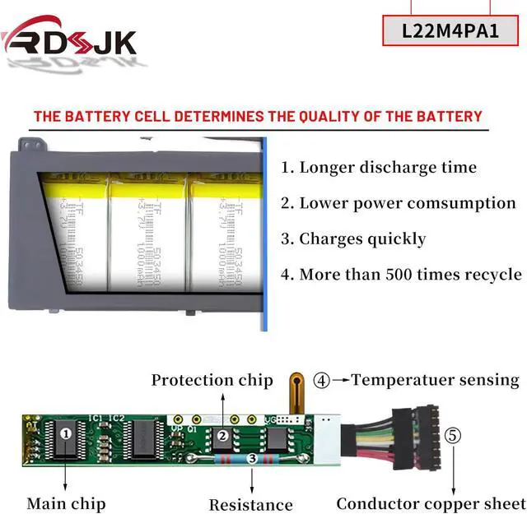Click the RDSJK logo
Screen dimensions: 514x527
point(70,38)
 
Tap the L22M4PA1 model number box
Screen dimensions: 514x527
point(450,31)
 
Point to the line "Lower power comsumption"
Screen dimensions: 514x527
point(408,203)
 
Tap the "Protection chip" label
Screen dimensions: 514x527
point(212,380)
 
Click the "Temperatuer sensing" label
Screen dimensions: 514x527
point(436,380)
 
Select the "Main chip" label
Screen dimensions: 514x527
point(66,502)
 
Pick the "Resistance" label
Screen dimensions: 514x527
point(250,504)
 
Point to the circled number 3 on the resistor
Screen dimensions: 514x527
point(253,459)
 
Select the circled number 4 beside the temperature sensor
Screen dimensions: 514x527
point(322,381)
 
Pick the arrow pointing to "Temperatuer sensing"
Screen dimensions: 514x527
point(340,381)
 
